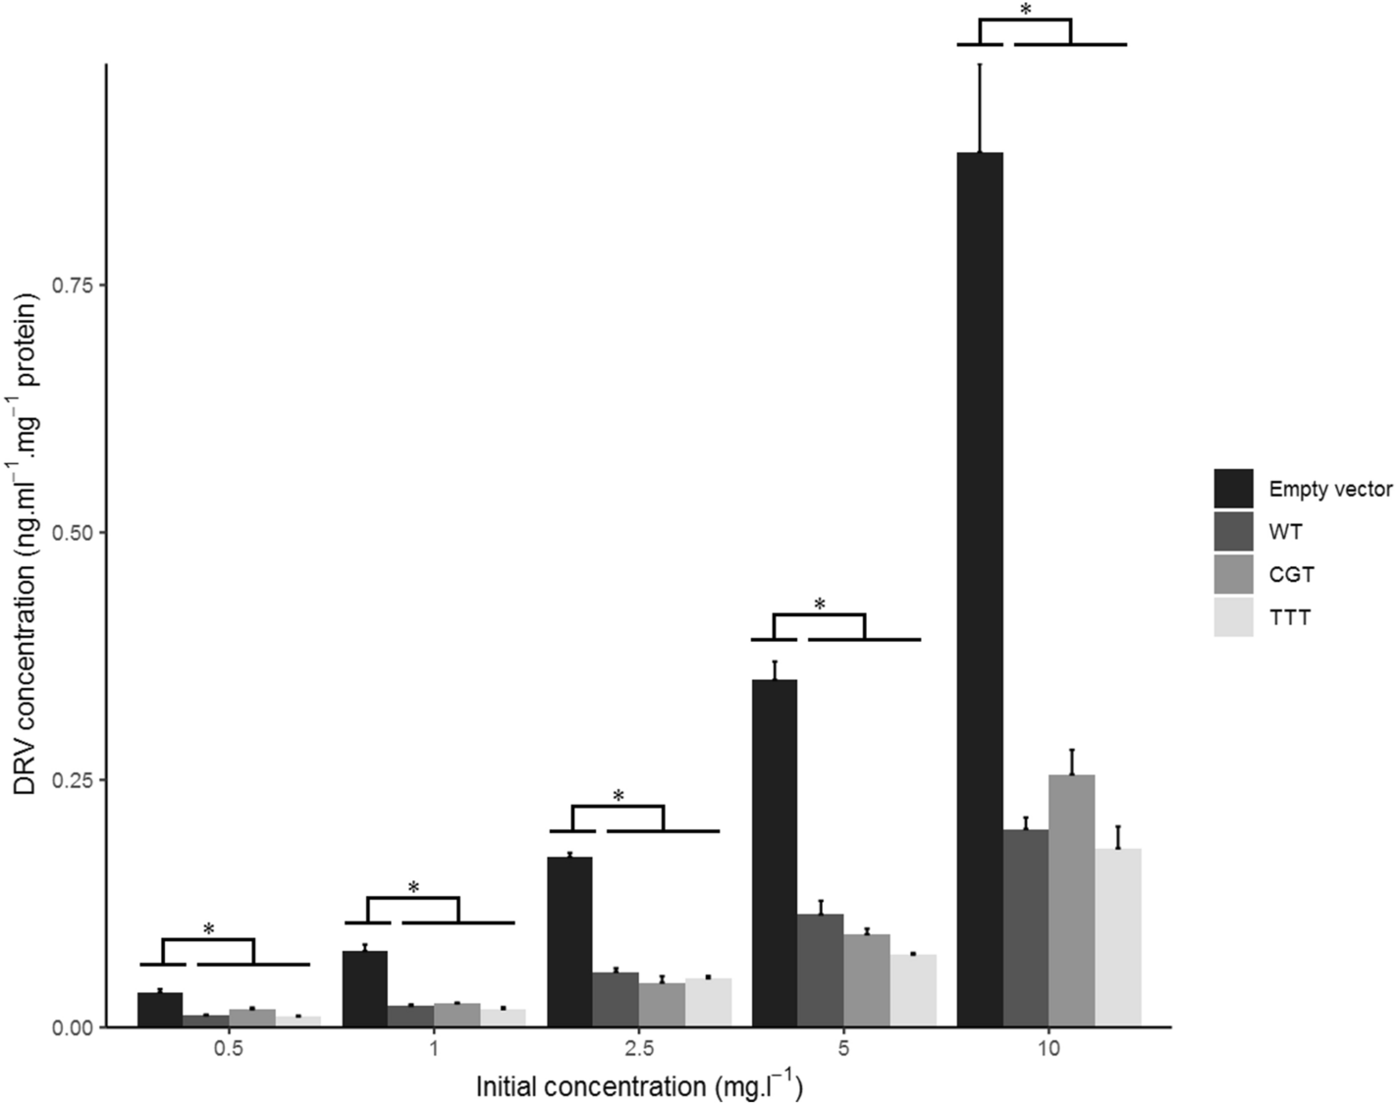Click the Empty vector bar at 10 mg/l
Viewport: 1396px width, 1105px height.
[x=980, y=589]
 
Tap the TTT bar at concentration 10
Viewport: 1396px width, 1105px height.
[x=1118, y=937]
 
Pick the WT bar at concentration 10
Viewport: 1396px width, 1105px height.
[x=1026, y=927]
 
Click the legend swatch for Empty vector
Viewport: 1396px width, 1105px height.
[x=1233, y=489]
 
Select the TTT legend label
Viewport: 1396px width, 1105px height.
[x=1290, y=618]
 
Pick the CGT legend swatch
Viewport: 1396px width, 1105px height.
[x=1233, y=575]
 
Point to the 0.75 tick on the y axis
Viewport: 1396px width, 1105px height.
[x=83, y=285]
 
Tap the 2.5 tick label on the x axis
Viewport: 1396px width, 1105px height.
[x=639, y=1049]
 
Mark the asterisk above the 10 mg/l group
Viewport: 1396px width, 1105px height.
[x=1025, y=9]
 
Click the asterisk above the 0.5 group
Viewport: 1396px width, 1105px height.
[x=208, y=928]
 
